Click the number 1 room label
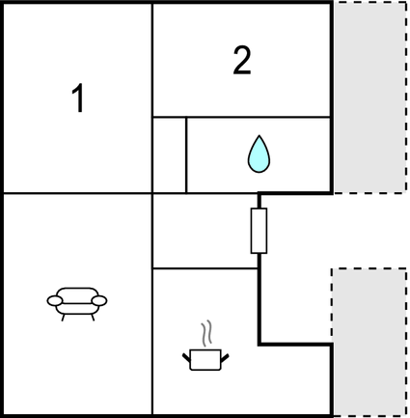click(x=78, y=98)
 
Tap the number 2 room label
click(x=242, y=61)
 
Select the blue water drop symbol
click(x=259, y=154)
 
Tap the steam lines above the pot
click(x=207, y=333)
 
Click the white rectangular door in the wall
click(x=259, y=231)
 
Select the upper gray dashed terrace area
click(x=369, y=98)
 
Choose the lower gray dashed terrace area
click(x=369, y=342)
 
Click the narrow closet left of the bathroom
click(x=170, y=155)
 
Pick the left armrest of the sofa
click(x=55, y=301)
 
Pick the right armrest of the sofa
click(x=99, y=301)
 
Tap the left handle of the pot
click(x=186, y=357)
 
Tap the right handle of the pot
click(x=225, y=357)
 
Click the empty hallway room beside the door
click(x=205, y=231)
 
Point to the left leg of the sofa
click(x=63, y=318)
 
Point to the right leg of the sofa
click(x=93, y=318)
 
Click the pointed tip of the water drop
click(x=260, y=136)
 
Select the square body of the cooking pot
click(x=205, y=360)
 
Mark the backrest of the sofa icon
click(x=77, y=293)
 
